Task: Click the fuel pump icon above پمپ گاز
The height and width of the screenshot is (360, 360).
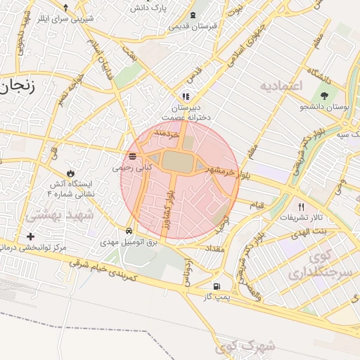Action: point(215,286)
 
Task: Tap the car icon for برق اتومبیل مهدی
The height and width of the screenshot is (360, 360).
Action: point(129,231)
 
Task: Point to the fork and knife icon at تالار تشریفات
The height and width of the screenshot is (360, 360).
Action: point(302,206)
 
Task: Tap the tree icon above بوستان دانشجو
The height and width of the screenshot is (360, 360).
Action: point(324,96)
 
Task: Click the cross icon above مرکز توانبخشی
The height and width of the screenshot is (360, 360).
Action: point(30,236)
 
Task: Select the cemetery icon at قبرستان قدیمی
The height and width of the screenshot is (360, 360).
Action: point(193,15)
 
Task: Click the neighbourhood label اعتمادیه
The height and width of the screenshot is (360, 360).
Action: point(280,86)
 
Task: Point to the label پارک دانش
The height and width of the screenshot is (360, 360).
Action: point(147,8)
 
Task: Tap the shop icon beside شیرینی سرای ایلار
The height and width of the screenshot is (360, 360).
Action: point(65,8)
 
